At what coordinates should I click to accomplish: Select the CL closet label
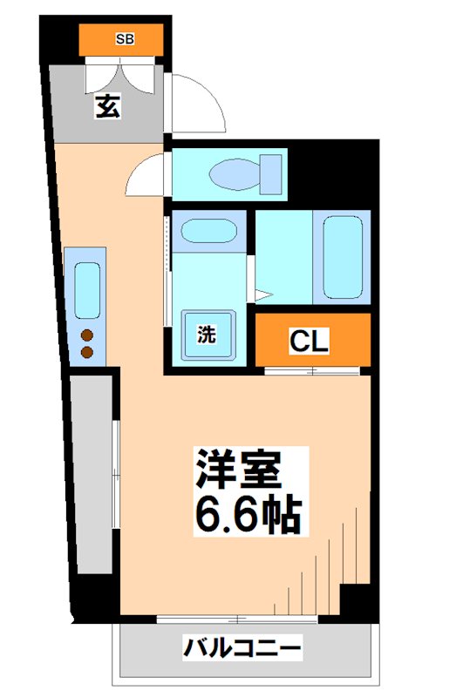(x=310, y=342)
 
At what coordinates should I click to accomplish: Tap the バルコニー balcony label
(x=242, y=648)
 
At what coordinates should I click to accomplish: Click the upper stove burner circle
(x=87, y=335)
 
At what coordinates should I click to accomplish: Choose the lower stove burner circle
(x=87, y=352)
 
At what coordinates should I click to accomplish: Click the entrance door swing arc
(x=199, y=101)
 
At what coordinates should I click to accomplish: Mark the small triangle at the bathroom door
(x=261, y=293)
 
